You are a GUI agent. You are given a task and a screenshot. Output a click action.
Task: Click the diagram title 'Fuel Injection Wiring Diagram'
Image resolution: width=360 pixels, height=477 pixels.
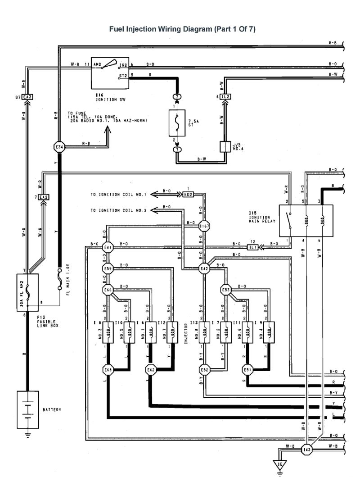click(x=182, y=29)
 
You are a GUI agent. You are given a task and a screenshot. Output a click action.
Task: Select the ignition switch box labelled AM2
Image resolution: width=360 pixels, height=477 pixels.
click(x=110, y=73)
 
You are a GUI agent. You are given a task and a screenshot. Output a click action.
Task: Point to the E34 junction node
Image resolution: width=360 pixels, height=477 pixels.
click(x=59, y=146)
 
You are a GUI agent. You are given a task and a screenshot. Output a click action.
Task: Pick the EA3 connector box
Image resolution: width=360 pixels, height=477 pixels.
click(x=27, y=97)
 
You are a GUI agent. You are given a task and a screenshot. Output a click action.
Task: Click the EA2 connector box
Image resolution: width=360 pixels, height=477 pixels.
click(x=43, y=197)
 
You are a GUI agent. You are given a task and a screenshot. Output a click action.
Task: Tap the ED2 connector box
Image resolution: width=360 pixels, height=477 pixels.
click(x=188, y=194)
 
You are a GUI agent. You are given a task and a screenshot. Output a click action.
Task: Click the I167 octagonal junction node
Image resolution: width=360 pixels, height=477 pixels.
click(x=205, y=226)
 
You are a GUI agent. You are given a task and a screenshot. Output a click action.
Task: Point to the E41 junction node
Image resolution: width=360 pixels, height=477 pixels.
click(x=108, y=247)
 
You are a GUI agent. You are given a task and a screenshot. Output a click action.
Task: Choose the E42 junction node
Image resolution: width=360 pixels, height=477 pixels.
click(x=205, y=269)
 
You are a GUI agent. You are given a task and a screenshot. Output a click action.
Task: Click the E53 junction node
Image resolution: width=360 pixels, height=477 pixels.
click(x=226, y=290)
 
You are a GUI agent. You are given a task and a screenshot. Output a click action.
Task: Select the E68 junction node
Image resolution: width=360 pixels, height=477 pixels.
click(x=108, y=370)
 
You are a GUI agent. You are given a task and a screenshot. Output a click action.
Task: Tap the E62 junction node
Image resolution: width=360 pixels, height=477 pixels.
click(x=151, y=370)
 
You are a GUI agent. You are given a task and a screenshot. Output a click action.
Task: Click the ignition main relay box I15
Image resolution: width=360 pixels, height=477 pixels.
click(x=306, y=221)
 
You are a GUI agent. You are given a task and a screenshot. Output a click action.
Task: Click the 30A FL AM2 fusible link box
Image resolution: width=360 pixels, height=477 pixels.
click(x=27, y=293)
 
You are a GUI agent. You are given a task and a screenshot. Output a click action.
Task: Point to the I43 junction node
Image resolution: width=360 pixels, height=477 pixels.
click(x=306, y=449)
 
